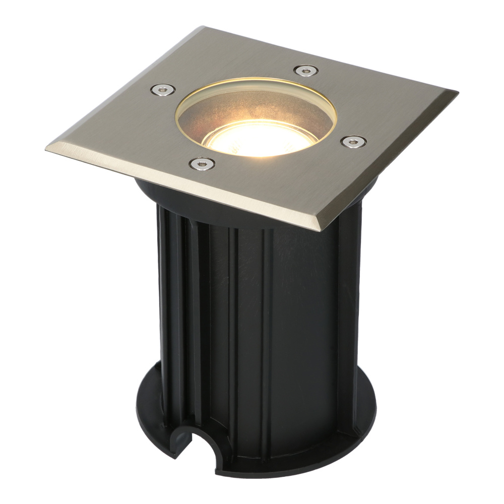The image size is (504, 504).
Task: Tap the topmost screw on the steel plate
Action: (305, 71)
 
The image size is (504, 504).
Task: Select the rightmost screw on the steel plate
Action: (353, 141)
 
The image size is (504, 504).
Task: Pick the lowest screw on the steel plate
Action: (202, 163)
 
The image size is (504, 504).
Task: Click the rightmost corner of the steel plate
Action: (456, 93)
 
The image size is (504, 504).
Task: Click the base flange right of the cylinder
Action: (365, 418)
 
